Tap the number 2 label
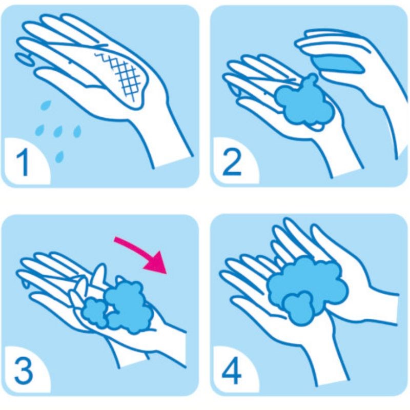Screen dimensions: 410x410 coord(232,162)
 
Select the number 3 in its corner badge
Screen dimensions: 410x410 coord(23,371)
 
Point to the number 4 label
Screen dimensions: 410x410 coord(232,372)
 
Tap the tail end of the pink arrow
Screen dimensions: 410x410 coord(115,240)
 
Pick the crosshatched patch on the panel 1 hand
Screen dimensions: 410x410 coord(120,76)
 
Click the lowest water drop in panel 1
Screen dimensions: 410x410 coord(60,157)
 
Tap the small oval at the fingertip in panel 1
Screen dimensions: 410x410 coord(24,59)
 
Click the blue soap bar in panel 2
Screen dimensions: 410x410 coord(337,64)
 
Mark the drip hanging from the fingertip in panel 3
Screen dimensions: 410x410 coord(25,284)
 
